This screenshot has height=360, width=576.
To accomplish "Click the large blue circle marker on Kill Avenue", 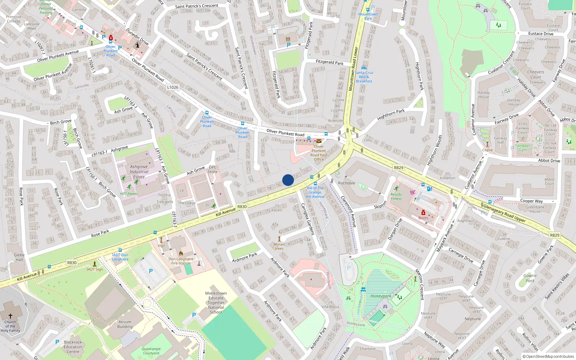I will (x=288, y=180).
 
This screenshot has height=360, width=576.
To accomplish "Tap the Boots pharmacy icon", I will (x=423, y=213).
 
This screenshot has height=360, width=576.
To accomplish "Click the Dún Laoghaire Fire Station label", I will (x=181, y=261).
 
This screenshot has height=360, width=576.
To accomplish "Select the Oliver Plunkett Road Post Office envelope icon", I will (x=319, y=141).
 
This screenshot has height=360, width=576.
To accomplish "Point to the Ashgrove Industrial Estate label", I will (x=139, y=172).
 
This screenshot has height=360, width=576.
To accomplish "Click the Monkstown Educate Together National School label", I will (x=216, y=303).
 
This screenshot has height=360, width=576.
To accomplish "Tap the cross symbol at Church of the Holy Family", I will (x=10, y=316).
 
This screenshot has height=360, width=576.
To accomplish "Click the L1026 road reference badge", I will (x=173, y=87).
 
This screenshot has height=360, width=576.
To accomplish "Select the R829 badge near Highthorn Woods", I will (x=399, y=168).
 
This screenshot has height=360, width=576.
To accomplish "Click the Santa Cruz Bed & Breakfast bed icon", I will (x=364, y=68).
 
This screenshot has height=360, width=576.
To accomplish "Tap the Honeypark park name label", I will (x=381, y=296).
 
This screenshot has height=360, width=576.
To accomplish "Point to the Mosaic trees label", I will (x=279, y=246).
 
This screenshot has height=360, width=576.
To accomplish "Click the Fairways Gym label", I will (x=522, y=148).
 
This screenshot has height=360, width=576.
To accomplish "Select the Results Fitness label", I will (x=396, y=197).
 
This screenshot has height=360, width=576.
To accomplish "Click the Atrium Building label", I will (x=125, y=324).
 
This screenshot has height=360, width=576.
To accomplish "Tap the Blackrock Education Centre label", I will (x=73, y=347).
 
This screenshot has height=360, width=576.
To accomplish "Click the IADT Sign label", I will (x=95, y=269).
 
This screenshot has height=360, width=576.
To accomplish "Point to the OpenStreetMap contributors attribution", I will (x=548, y=356).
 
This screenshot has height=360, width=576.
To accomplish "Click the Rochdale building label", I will (x=346, y=183).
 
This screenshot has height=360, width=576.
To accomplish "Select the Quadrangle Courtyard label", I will (x=151, y=351).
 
